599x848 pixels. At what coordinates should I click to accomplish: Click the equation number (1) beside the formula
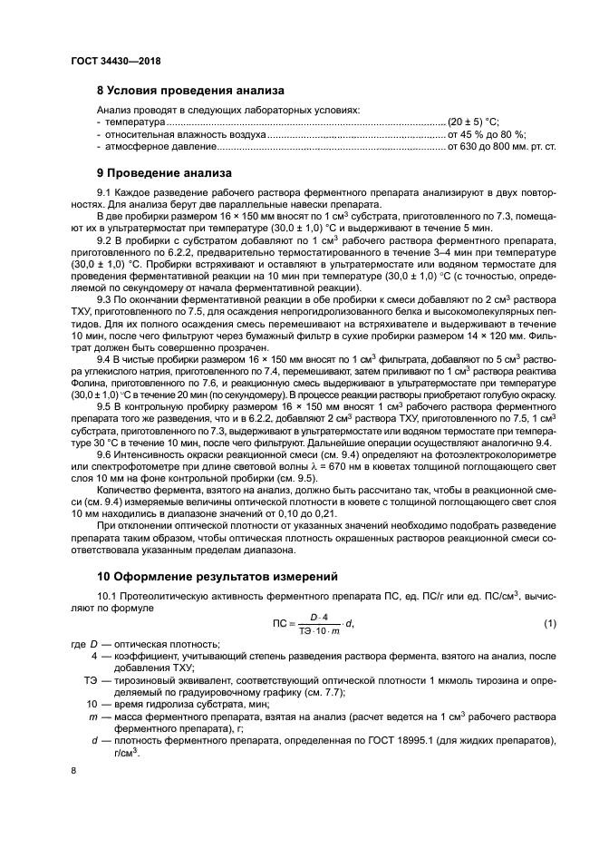[x=549, y=623]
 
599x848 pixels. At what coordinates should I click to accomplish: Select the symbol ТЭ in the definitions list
[x=91, y=677]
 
